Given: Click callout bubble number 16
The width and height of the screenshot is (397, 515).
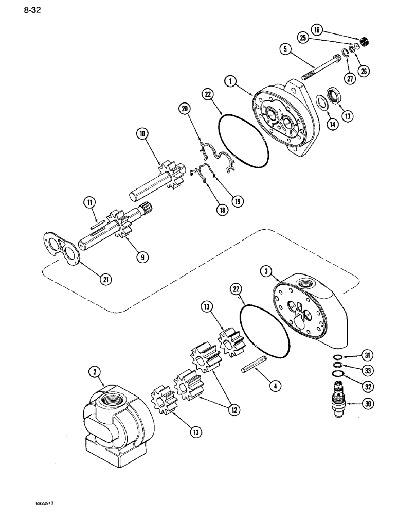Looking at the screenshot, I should click(317, 31).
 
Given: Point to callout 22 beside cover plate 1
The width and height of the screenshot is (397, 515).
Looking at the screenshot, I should click(208, 95).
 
